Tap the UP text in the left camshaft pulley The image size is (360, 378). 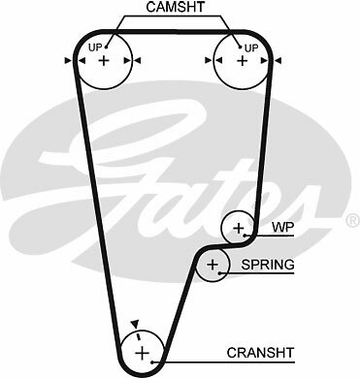pyautogui.click(x=96, y=47)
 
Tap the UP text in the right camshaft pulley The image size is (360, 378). pyautogui.click(x=251, y=47)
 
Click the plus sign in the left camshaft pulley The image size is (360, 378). pyautogui.click(x=104, y=61)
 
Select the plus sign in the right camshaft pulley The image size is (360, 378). pyautogui.click(x=240, y=61)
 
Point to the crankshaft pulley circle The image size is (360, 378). pyautogui.click(x=142, y=350)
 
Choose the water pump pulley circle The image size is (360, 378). pyautogui.click(x=238, y=229)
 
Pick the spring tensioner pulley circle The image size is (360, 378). pyautogui.click(x=213, y=265)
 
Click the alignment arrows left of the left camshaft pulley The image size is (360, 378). pyautogui.click(x=71, y=61)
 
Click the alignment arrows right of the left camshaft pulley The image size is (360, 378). pyautogui.click(x=137, y=61)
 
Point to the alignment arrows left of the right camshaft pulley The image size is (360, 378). pyautogui.click(x=208, y=61)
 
